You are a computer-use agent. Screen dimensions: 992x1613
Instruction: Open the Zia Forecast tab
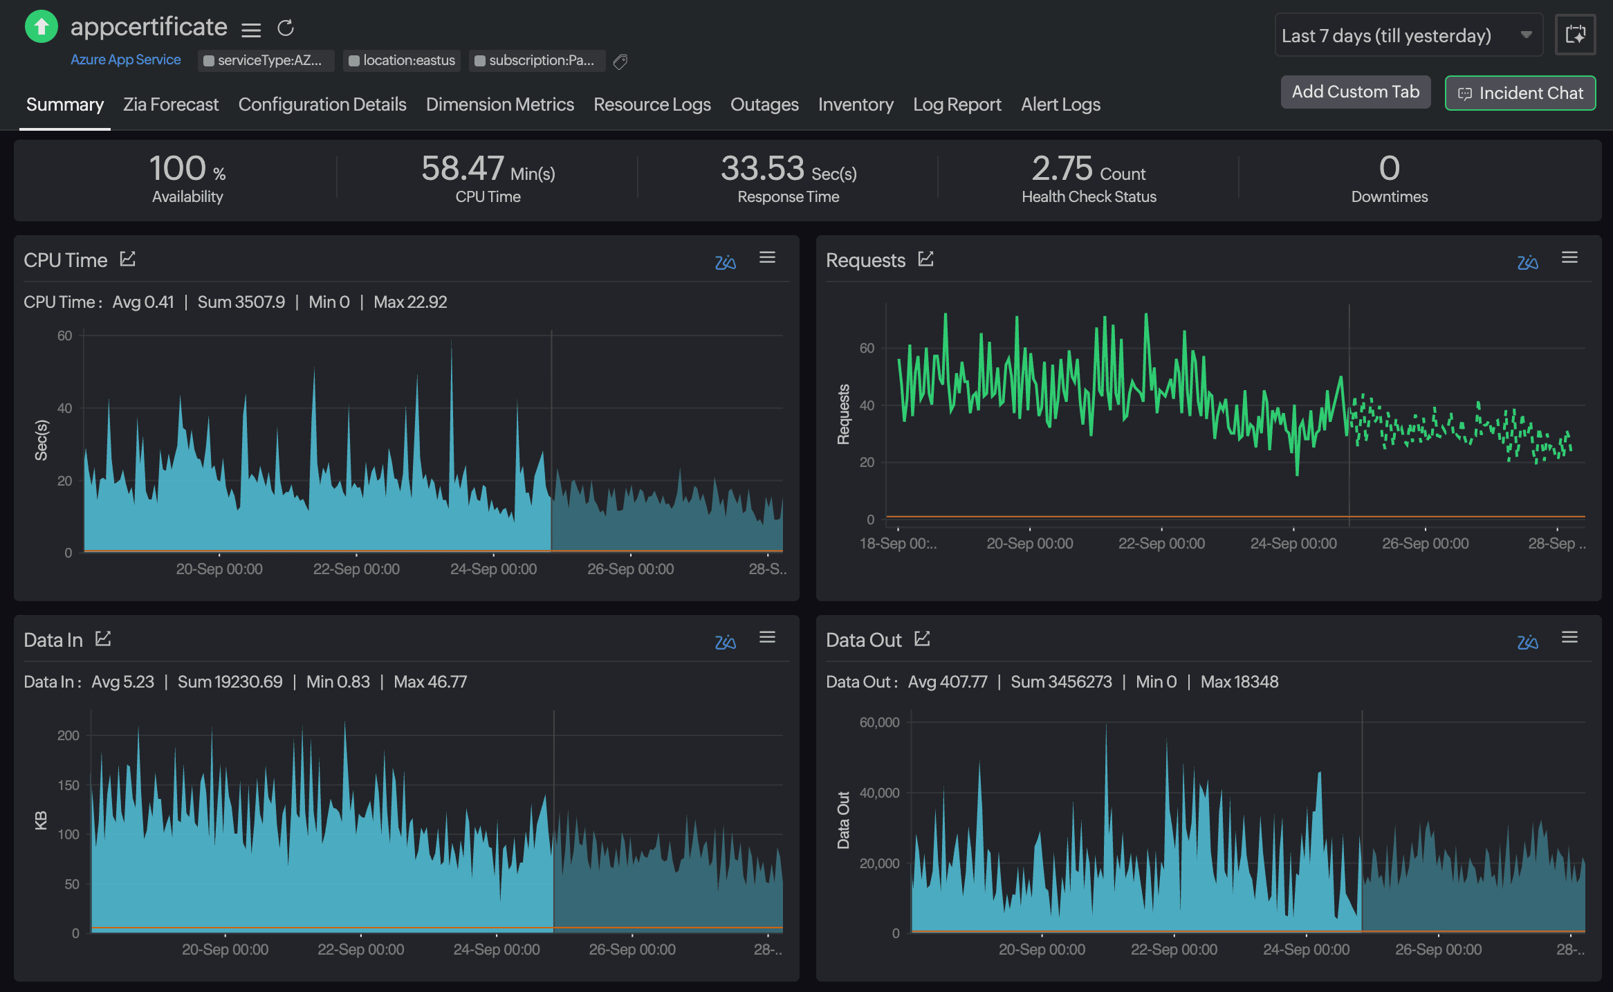pos(170,104)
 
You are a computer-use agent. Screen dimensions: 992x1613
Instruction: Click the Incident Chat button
pos(1520,93)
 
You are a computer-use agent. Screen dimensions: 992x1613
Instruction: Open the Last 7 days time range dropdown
pos(1408,35)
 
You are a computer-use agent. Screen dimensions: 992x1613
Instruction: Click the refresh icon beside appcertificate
pos(286,28)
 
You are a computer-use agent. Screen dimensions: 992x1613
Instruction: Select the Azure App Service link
pos(125,60)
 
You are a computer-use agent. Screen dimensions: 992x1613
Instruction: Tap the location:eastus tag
pos(402,61)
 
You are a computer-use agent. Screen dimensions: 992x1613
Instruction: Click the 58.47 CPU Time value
pos(462,169)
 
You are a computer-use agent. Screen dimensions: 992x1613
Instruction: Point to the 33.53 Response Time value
pos(762,169)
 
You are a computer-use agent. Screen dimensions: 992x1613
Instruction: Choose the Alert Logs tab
pos(1060,104)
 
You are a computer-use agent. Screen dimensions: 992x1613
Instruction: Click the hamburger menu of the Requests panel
pos(1569,258)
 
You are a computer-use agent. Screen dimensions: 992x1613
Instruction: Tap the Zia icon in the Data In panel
pos(725,642)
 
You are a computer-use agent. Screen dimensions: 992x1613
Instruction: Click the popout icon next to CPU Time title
pos(128,259)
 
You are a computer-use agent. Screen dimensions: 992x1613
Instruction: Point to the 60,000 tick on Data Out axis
pos(879,722)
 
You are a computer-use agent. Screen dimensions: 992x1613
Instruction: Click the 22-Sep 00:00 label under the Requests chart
pos(1161,544)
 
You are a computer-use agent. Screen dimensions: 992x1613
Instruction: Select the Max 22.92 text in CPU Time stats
pos(410,302)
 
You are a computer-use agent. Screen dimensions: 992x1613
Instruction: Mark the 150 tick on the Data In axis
pos(68,785)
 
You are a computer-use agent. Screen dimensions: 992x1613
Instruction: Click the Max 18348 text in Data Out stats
pos(1239,682)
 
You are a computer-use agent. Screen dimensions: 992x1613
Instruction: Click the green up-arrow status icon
pos(42,27)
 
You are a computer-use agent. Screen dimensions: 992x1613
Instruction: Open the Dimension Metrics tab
pos(499,104)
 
